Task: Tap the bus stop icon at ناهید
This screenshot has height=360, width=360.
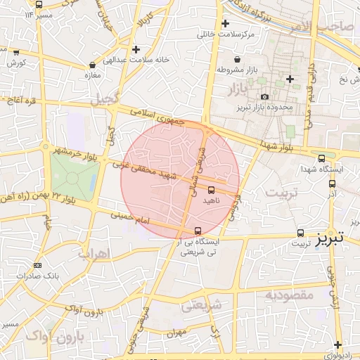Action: coord(212,189)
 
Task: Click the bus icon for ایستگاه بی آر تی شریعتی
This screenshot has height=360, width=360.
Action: coord(197,230)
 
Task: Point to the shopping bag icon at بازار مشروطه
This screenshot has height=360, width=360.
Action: coord(237,58)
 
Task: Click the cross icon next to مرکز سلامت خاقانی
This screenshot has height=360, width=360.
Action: coord(224,23)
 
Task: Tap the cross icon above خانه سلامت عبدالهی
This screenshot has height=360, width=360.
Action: coord(136,49)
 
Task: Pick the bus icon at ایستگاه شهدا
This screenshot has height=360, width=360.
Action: coord(321,158)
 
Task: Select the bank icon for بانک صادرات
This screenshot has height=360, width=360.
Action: coord(37,265)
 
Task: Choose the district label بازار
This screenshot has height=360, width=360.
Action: coord(239,89)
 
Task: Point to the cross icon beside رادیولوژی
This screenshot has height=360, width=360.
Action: coord(339,345)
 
